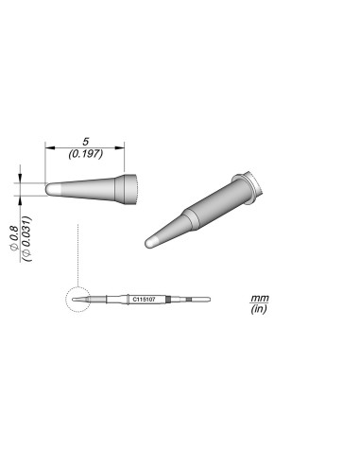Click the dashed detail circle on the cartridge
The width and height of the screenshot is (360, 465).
pos(74,301)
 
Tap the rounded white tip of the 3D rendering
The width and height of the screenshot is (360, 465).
pos(149,244)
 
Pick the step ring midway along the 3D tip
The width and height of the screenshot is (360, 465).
pos(192,218)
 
